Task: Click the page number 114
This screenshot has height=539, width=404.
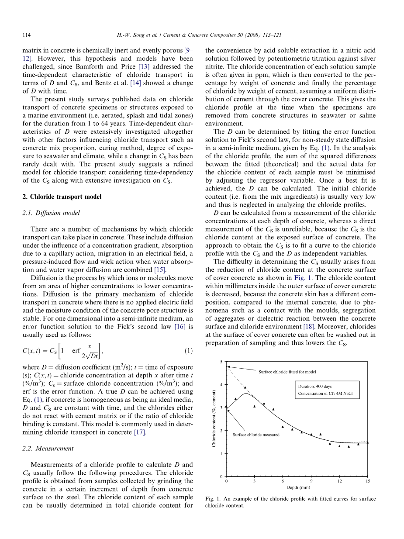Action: (x=26, y=35)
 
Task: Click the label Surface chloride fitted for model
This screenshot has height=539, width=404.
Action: (x=287, y=372)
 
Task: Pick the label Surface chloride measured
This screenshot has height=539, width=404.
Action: (x=256, y=435)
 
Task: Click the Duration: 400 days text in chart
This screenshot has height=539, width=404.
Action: (x=315, y=386)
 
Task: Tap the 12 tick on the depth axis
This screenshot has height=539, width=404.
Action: (x=339, y=480)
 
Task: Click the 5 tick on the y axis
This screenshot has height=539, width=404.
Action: (x=221, y=362)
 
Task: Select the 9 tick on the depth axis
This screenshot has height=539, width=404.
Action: (x=311, y=480)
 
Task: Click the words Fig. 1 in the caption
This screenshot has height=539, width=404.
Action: (x=211, y=498)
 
